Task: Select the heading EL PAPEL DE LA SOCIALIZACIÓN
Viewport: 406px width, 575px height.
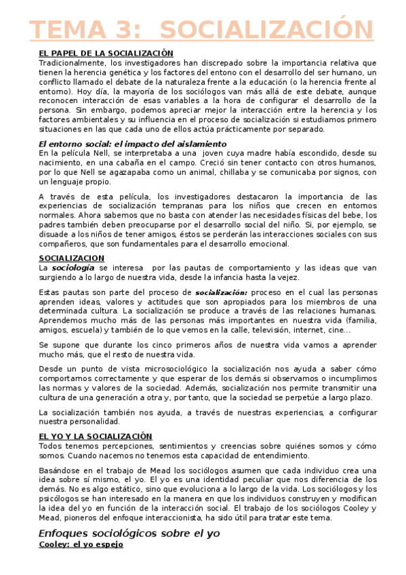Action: [105, 53]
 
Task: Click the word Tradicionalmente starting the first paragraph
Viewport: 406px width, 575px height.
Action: [71, 62]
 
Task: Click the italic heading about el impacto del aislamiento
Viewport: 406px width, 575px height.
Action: [132, 144]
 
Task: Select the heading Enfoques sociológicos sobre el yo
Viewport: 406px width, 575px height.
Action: [129, 533]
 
